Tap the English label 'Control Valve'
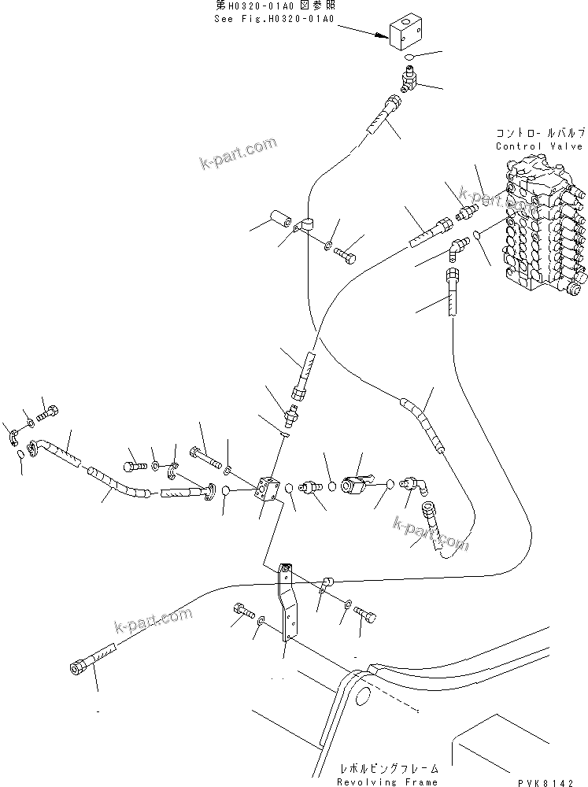538,146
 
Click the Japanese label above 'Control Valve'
538,134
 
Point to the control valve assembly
543,228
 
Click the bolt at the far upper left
50,410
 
